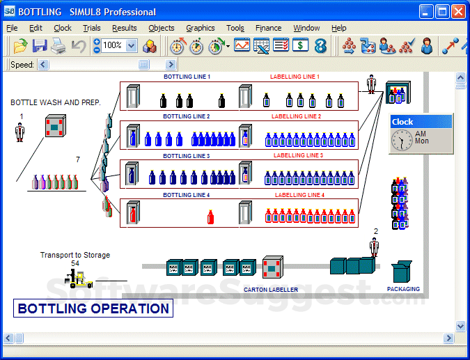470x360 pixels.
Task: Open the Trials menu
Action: (x=92, y=28)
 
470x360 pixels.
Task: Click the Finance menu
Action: (x=268, y=28)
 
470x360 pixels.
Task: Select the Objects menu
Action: (x=162, y=28)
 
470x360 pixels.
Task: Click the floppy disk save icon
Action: (x=40, y=46)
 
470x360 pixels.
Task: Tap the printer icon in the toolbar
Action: (x=58, y=46)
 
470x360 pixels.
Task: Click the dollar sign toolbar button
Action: (x=300, y=45)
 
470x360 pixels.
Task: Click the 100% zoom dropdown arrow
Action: (x=132, y=46)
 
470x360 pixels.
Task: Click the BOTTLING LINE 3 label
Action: (x=187, y=156)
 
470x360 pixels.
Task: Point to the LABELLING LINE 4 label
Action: (x=299, y=195)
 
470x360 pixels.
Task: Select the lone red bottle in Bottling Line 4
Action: (x=210, y=217)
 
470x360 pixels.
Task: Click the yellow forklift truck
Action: (x=79, y=279)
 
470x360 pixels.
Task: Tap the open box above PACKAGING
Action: (x=402, y=272)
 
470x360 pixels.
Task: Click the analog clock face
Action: (x=402, y=140)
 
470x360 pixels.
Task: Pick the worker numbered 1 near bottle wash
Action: (x=19, y=132)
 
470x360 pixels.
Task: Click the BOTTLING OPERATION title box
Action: (x=93, y=308)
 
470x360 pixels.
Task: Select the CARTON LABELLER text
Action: (x=271, y=290)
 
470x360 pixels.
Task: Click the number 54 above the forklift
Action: (x=75, y=263)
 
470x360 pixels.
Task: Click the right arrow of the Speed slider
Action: (x=171, y=65)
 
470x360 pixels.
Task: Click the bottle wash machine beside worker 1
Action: (x=56, y=126)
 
